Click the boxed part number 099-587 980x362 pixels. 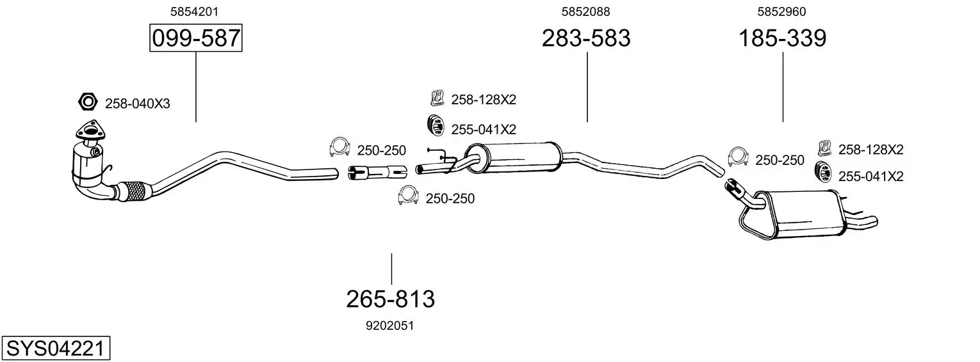195,38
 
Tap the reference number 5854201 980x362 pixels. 194,12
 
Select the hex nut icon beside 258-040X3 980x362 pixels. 88,102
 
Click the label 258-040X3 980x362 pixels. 137,104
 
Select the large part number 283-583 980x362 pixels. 586,38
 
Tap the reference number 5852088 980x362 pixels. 586,12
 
